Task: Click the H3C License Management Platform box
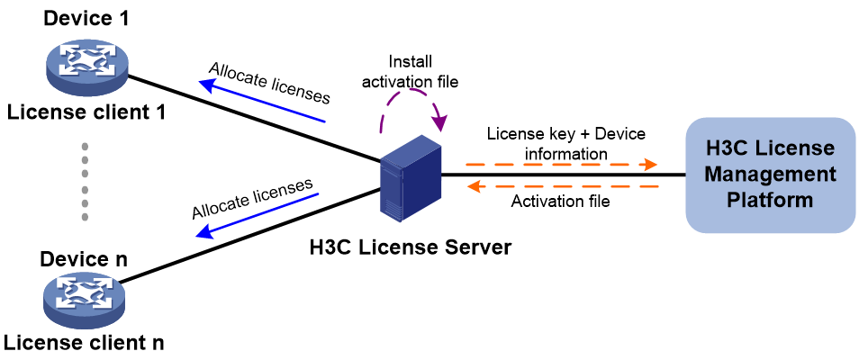(770, 175)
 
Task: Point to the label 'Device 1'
(86, 18)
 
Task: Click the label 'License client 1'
(86, 112)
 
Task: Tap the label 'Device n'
(84, 258)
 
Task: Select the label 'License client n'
(85, 343)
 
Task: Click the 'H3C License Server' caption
(410, 247)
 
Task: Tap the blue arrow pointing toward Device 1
(262, 101)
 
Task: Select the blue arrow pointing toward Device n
(258, 215)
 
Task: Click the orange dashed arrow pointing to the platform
(561, 164)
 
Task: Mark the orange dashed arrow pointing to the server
(562, 187)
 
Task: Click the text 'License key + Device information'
(565, 144)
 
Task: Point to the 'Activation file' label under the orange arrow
(560, 202)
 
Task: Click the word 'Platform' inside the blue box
(770, 200)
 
